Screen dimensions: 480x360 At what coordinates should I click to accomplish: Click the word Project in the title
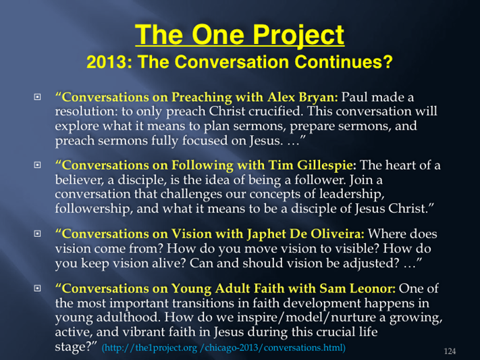pos(298,36)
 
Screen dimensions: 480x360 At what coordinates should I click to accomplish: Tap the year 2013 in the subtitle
pos(107,62)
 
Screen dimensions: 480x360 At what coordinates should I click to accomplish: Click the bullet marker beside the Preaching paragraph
pos(37,97)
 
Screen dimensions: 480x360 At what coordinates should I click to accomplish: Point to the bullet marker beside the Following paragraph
pos(37,165)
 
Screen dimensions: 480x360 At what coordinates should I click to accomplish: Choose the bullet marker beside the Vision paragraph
pos(37,234)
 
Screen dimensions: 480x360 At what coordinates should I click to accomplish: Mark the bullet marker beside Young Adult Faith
pos(37,288)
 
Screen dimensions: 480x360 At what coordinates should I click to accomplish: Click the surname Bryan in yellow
pos(318,98)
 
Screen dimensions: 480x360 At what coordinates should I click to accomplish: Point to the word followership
pos(94,209)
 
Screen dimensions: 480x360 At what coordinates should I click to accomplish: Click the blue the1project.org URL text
pos(223,348)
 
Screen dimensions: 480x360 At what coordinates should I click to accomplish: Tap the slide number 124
pos(450,351)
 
